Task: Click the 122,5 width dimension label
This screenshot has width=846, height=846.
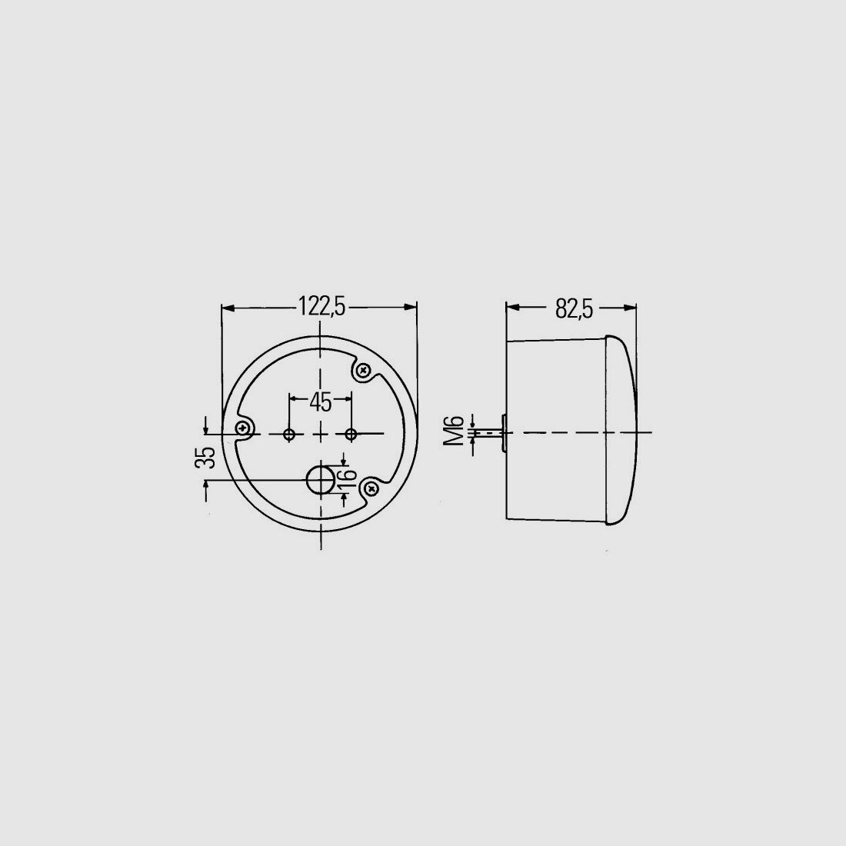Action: point(321,307)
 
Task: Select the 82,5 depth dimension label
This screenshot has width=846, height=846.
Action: point(574,310)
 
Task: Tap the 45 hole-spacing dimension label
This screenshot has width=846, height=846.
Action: point(321,401)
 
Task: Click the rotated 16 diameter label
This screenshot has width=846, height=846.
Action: point(348,475)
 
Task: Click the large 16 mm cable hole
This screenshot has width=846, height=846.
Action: point(321,480)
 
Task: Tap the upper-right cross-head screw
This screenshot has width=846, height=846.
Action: point(363,371)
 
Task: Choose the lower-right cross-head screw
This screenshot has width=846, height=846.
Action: point(371,488)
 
